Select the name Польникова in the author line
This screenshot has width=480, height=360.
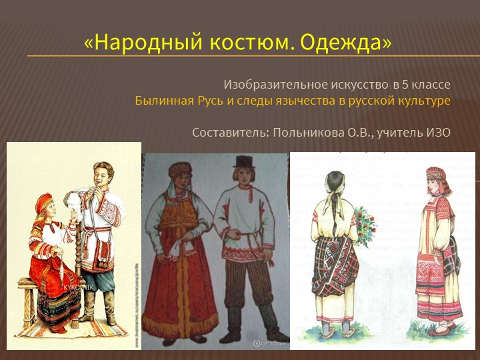pos(307,132)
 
